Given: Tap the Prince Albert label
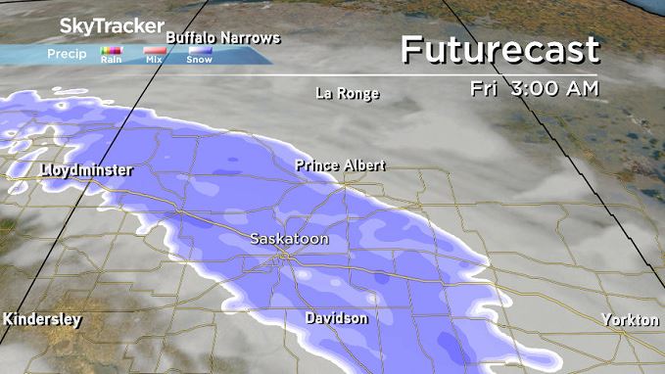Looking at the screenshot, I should click(x=340, y=165).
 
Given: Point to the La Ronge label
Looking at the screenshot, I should click(x=347, y=94).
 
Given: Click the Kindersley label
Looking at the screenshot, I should click(x=42, y=320).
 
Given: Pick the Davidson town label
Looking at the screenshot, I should click(x=336, y=319).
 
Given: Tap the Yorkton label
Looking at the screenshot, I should click(x=631, y=320).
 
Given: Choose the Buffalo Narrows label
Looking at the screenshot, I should click(x=223, y=38).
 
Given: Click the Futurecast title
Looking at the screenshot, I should click(x=499, y=49).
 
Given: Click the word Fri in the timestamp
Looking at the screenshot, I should click(x=481, y=88).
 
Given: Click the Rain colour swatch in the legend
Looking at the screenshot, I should click(x=110, y=49).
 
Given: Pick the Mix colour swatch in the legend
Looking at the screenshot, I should click(x=155, y=49).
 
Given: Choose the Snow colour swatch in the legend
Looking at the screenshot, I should click(x=199, y=49).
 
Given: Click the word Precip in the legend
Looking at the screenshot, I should click(x=67, y=54).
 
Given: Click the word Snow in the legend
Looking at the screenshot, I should click(x=199, y=60).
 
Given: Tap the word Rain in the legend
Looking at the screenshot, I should click(x=110, y=60).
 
